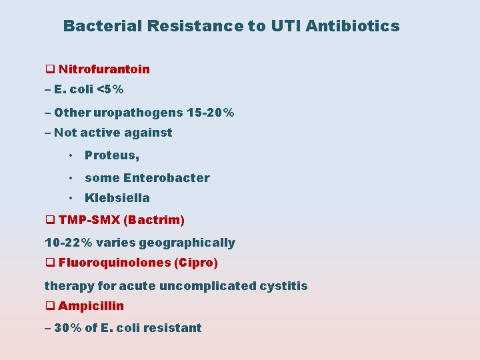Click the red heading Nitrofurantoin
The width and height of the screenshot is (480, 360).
coord(104,69)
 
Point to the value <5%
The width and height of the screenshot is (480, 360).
coord(110,89)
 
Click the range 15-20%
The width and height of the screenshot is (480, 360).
coord(210,113)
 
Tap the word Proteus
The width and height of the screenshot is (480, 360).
coord(111,155)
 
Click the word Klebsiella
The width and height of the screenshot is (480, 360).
coord(117,198)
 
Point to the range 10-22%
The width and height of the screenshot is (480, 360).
coord(68,243)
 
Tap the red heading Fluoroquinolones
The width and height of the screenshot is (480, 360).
coord(115,263)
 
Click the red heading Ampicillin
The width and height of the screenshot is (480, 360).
coord(91,306)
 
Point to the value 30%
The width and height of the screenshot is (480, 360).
coord(69,327)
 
